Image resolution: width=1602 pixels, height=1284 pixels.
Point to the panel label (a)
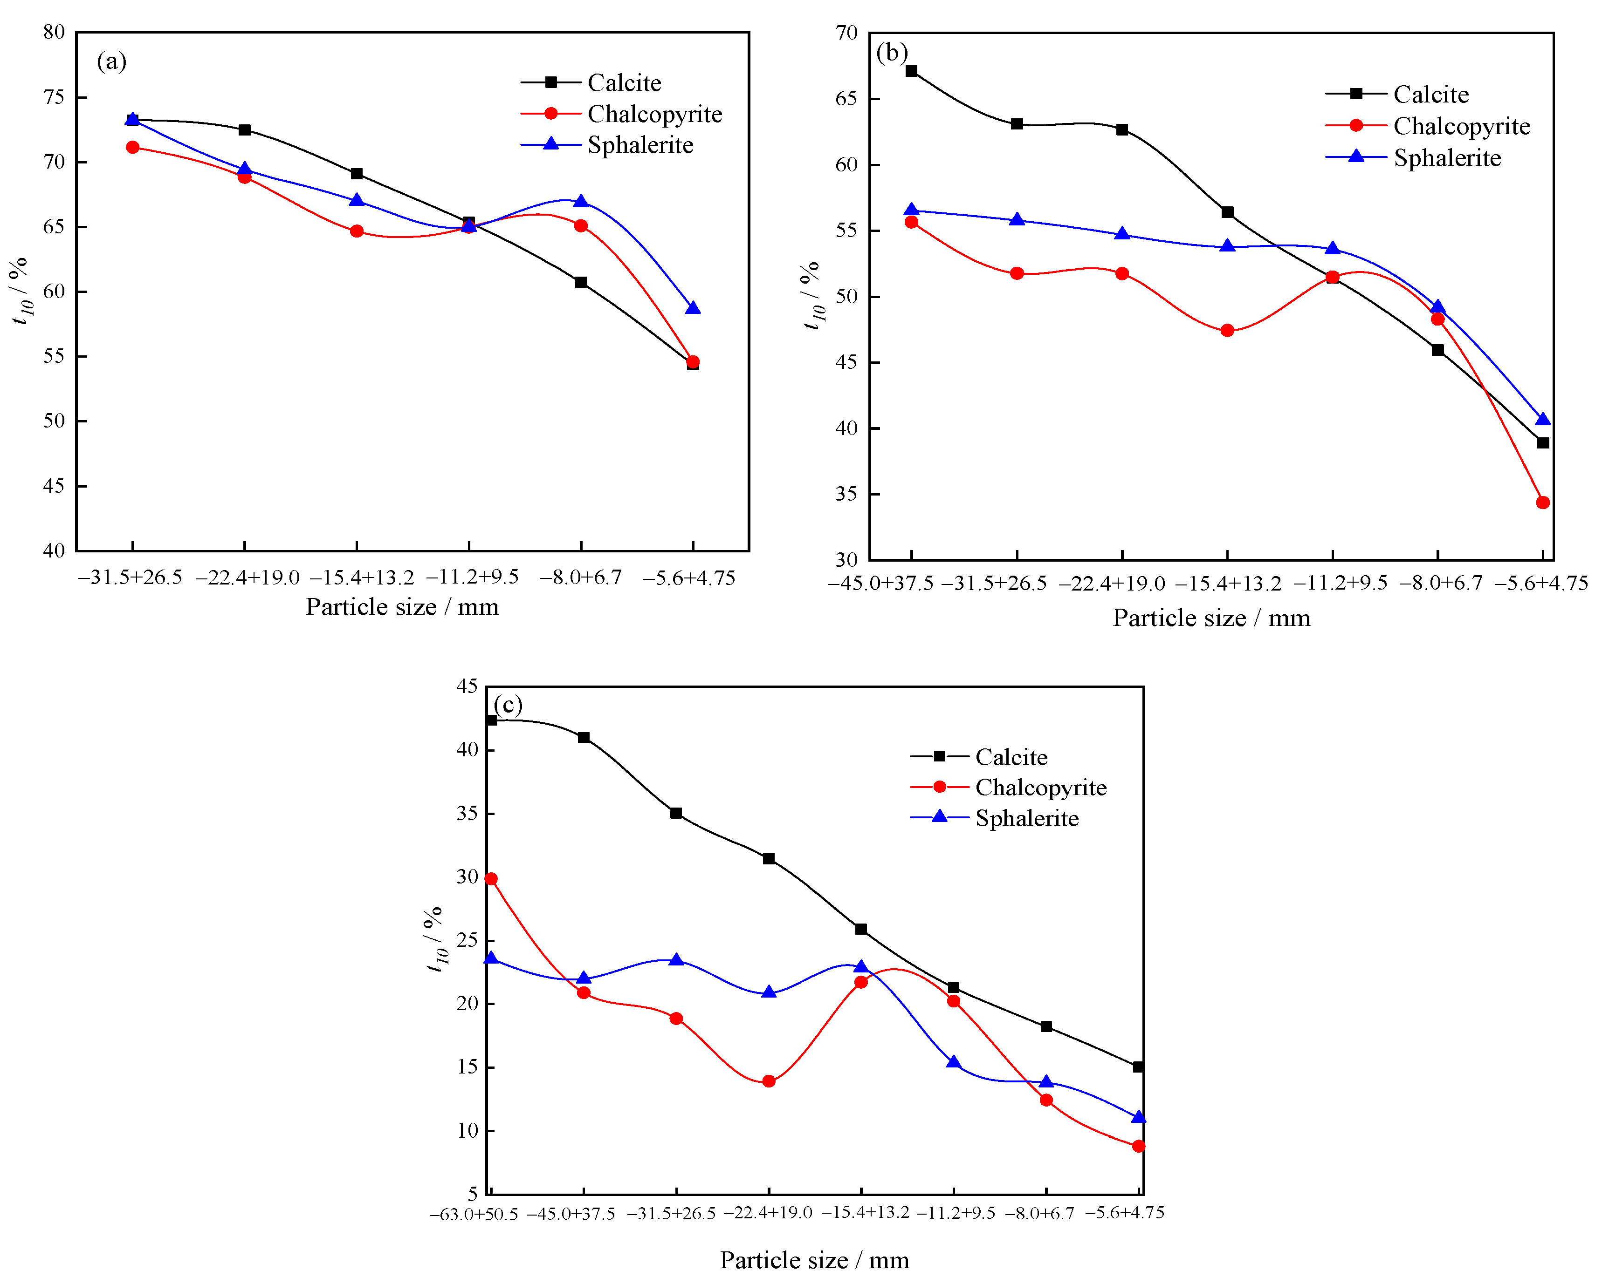click(111, 61)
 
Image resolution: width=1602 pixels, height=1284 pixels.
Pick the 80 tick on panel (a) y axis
click(54, 32)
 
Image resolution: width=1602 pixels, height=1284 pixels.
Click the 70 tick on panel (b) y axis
click(846, 33)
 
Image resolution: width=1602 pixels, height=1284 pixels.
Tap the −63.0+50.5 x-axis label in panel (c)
click(473, 1214)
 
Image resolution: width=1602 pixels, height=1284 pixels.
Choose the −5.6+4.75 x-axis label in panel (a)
click(689, 578)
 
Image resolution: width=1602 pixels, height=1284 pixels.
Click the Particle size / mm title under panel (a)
click(402, 607)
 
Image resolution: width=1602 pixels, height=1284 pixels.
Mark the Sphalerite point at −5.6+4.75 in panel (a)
click(693, 307)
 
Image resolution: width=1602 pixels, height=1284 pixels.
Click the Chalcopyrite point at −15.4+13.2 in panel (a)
click(357, 231)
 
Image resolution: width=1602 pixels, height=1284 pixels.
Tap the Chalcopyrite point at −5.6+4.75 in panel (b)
click(1542, 503)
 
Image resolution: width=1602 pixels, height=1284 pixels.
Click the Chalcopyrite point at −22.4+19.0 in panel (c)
click(768, 1081)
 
